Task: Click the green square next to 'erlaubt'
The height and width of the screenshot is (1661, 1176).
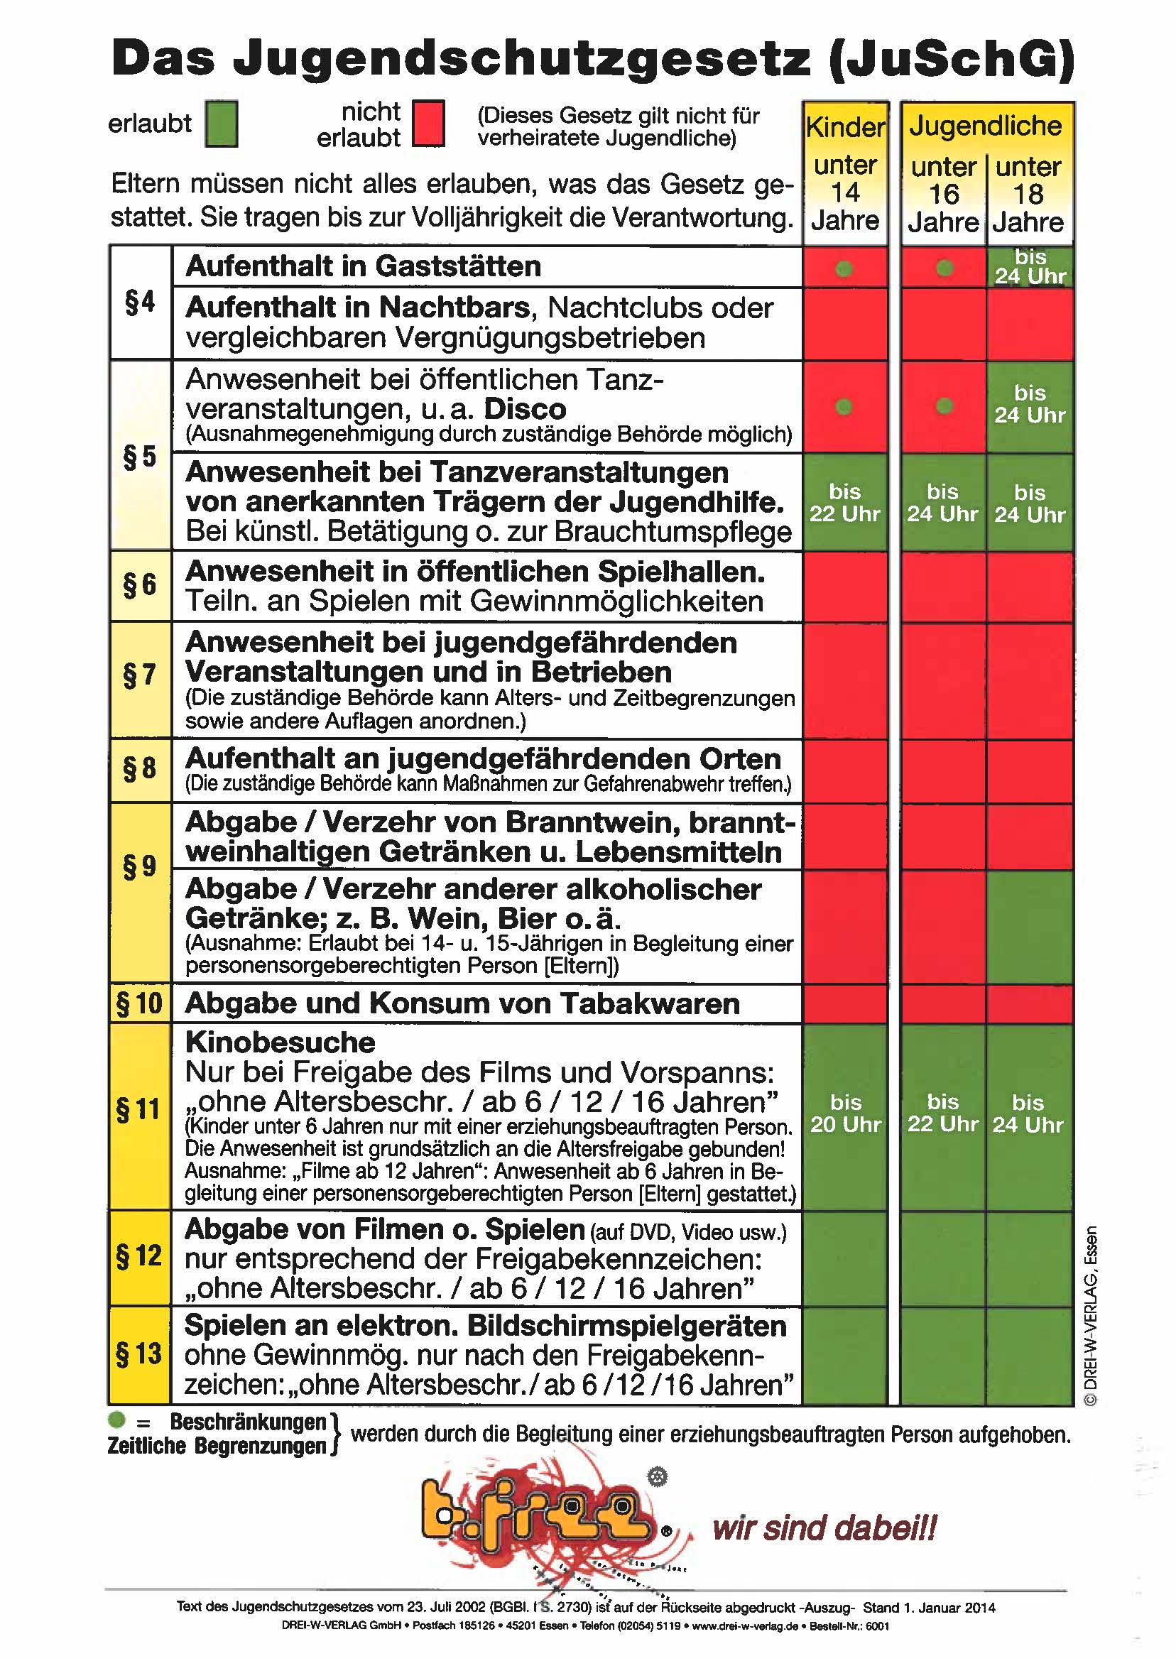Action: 221,124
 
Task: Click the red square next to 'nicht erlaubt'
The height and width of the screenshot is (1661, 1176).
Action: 428,124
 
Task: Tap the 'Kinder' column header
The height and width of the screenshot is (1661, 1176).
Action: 845,127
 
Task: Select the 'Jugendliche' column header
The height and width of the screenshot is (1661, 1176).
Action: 986,126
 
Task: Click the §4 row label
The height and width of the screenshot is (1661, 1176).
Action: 141,302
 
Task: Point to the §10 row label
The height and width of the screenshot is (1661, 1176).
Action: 140,1003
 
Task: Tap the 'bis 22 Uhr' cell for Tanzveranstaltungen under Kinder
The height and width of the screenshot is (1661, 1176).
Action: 844,503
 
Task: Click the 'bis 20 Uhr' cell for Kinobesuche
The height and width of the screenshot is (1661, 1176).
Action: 845,1113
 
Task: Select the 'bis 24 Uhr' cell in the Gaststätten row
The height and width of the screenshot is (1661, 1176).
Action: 1029,266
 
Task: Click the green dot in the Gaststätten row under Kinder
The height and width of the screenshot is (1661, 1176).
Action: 844,268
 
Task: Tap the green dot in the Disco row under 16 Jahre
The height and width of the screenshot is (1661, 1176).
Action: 944,406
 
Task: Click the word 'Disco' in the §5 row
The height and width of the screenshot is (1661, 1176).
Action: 525,409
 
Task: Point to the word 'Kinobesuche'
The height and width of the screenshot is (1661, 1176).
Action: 281,1042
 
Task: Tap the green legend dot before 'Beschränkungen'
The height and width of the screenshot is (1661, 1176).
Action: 116,1420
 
